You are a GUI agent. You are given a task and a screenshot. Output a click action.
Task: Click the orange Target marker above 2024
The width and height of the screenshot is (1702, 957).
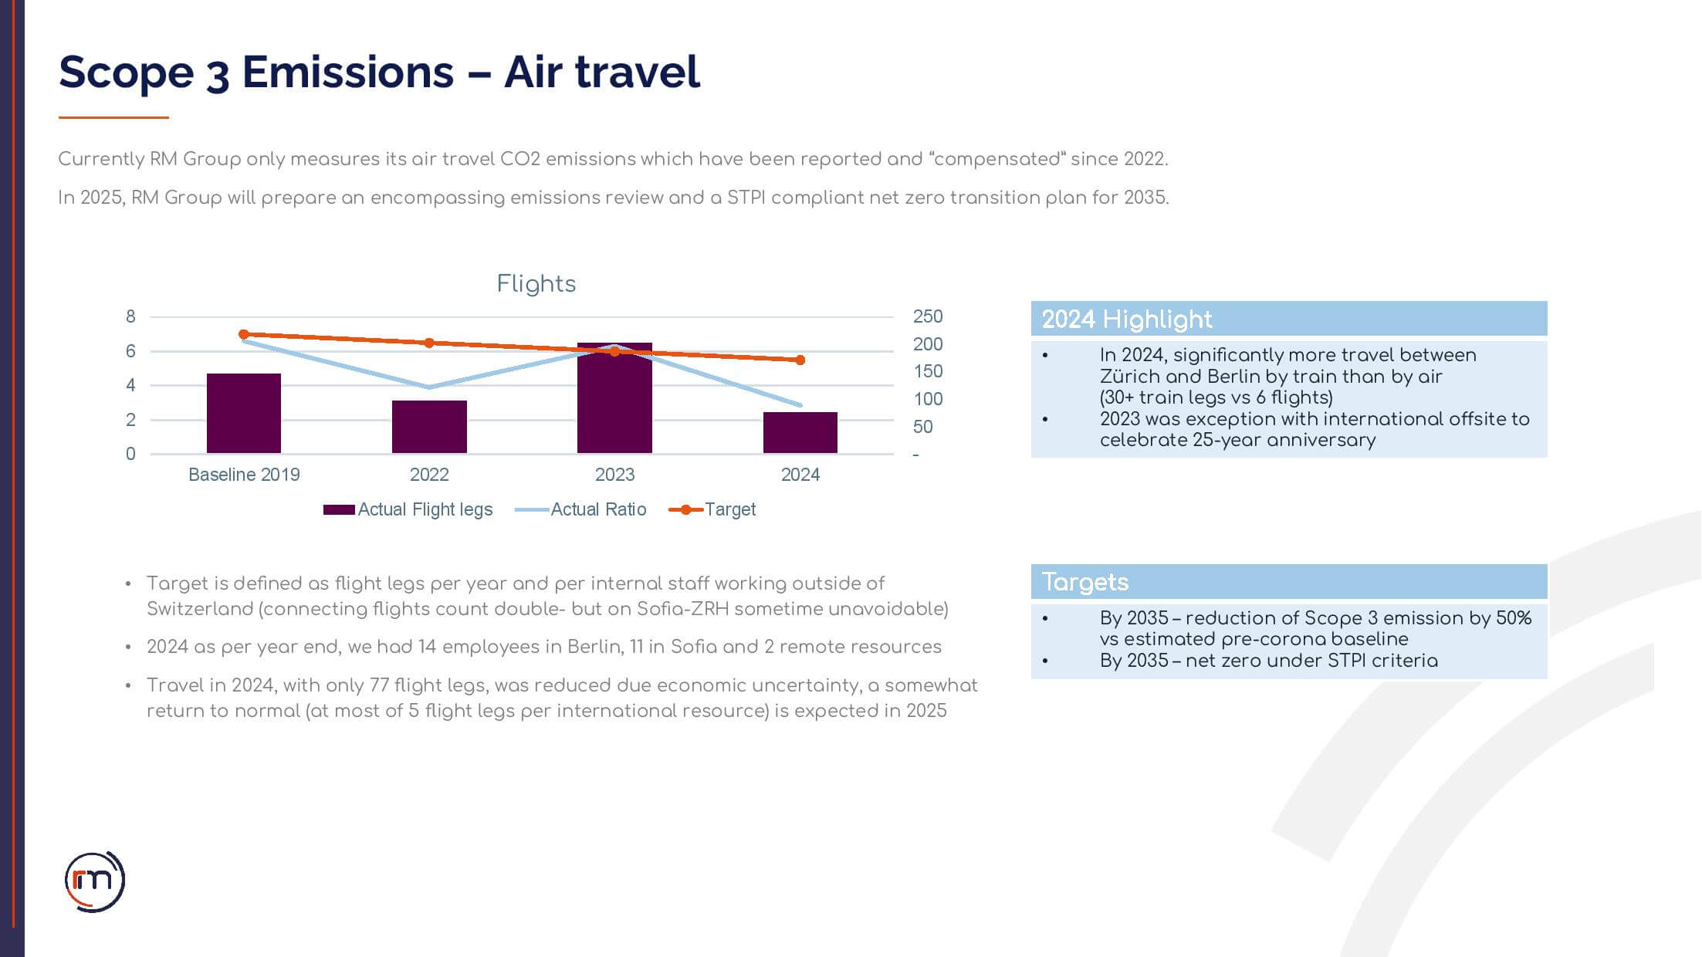(800, 360)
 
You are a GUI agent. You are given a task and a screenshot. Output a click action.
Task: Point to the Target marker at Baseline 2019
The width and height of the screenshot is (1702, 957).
(244, 334)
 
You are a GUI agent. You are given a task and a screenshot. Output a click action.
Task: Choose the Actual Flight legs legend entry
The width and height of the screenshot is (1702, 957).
(408, 509)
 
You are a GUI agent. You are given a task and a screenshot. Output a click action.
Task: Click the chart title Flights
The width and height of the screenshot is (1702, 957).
(536, 284)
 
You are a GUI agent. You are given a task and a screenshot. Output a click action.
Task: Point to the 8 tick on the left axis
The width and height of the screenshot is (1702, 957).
(130, 316)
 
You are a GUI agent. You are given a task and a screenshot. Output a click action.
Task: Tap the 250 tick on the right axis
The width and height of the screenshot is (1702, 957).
(927, 316)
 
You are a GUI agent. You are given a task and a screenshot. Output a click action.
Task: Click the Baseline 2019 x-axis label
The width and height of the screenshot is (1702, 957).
(244, 475)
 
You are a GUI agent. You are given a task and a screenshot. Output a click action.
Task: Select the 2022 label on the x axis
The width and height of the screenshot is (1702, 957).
(429, 475)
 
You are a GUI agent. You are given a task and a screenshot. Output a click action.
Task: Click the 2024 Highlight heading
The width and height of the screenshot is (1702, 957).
(1126, 320)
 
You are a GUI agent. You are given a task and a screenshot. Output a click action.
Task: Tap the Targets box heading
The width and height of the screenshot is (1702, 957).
(1084, 582)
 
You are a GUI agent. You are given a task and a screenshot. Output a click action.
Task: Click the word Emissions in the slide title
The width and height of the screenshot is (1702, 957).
(347, 73)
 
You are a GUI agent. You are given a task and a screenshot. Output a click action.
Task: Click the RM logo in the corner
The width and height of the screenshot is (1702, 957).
(94, 881)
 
